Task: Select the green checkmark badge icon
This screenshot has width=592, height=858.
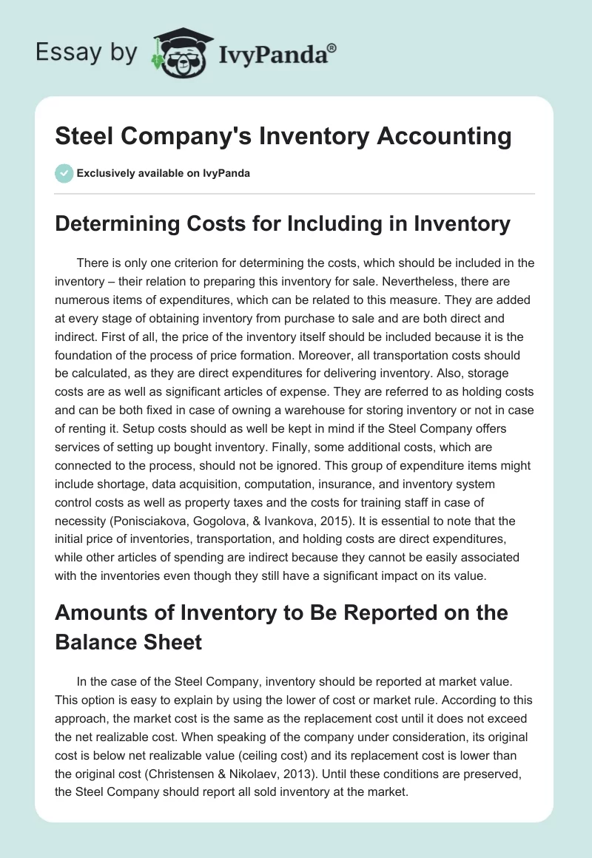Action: (x=64, y=173)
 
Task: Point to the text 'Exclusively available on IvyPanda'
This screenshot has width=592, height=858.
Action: (x=163, y=173)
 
